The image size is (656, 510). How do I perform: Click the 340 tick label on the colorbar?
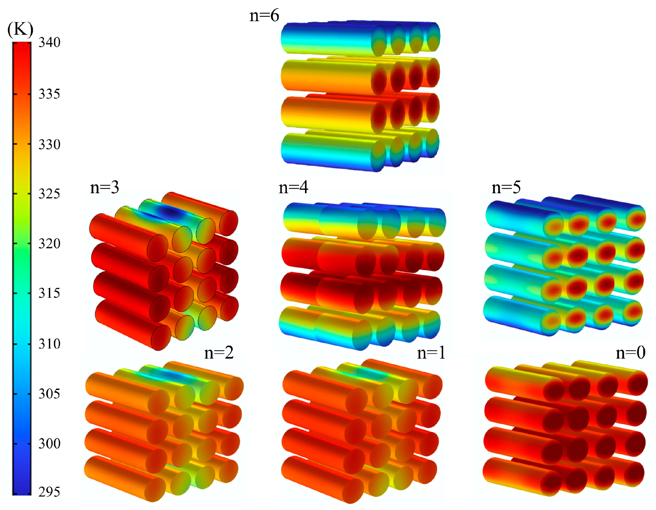(x=49, y=43)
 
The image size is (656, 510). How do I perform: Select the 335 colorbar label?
(x=49, y=94)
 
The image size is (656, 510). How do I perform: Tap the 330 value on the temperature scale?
(x=49, y=144)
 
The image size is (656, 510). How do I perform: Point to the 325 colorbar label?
(x=49, y=194)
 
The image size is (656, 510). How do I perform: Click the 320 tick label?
(x=49, y=244)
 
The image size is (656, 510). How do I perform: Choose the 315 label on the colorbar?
(x=49, y=293)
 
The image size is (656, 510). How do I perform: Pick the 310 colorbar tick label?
(x=49, y=343)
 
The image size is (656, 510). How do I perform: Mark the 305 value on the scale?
(x=49, y=393)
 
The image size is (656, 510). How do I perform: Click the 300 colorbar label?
(x=49, y=443)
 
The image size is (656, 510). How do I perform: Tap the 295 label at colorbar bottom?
(x=49, y=492)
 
